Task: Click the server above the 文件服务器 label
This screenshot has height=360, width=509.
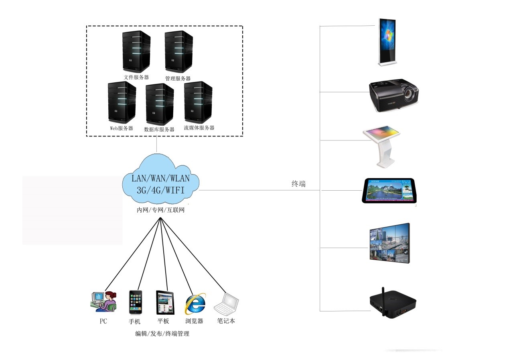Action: (136, 52)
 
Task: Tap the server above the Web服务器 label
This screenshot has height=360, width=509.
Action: (122, 102)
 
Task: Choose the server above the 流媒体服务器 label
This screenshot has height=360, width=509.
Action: (198, 102)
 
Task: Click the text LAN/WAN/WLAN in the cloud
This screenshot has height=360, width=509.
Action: (160, 178)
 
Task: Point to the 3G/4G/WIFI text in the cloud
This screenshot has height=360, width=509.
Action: (160, 189)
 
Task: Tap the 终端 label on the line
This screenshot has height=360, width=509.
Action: (298, 184)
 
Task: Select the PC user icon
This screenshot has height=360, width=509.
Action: (103, 301)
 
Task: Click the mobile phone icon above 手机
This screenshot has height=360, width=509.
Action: (135, 302)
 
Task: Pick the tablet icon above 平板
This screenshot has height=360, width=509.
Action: (165, 303)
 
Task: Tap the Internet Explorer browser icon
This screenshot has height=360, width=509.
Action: (195, 303)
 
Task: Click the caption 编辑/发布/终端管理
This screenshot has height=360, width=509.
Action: (162, 334)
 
